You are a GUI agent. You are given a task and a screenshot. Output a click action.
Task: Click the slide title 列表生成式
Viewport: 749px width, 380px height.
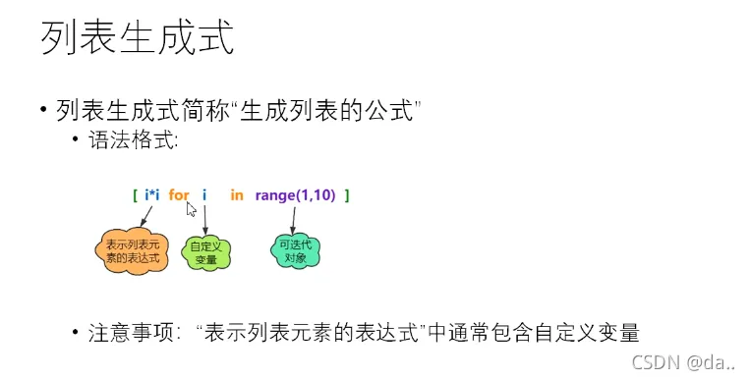(137, 39)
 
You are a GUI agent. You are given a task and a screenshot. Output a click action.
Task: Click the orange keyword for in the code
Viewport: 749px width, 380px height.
(179, 195)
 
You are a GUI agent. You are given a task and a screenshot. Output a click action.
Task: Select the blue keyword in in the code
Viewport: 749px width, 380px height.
(237, 195)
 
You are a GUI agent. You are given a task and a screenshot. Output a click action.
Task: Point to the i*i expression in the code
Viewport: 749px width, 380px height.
(152, 195)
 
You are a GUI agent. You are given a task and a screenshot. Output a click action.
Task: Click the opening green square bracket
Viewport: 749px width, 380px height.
(135, 195)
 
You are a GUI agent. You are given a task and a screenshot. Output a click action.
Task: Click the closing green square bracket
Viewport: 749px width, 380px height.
(347, 195)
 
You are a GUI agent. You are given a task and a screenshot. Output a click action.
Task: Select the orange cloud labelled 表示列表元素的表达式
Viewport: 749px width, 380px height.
(131, 250)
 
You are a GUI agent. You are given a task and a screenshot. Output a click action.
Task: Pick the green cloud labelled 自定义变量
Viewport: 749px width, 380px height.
(205, 252)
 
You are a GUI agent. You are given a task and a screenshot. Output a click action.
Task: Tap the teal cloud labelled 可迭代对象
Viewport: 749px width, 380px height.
(297, 248)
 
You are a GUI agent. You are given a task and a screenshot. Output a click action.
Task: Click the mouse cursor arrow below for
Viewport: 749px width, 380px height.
(192, 208)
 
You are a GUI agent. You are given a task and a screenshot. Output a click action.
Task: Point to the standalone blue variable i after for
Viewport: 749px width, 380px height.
(204, 195)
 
